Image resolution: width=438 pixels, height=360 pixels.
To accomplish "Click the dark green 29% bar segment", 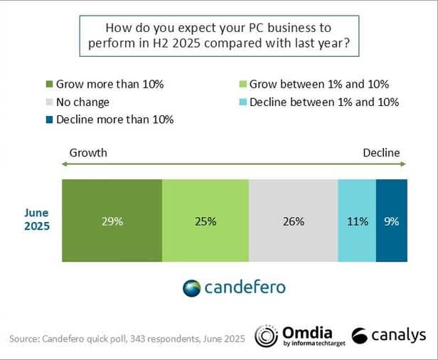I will pos(112,221).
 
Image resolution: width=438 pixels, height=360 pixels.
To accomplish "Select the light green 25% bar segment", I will pos(205,221).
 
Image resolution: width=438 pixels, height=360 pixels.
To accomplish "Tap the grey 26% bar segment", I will pos(293,221).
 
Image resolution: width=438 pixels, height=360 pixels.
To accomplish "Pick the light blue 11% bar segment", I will pos(356,221).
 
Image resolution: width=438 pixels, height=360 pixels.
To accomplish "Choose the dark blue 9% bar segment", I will pos(391,221).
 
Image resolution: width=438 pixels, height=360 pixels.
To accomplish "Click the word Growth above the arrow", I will pos(88,152).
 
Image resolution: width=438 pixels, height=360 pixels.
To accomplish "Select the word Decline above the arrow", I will pos(381,152).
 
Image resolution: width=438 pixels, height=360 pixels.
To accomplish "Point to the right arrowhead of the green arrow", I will pos(404,165).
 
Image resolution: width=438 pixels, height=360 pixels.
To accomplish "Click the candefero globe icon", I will pos(192,288).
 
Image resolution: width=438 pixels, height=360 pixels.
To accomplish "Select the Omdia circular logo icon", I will pos(266,337).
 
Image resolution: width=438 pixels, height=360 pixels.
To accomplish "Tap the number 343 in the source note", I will pos(137,338).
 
